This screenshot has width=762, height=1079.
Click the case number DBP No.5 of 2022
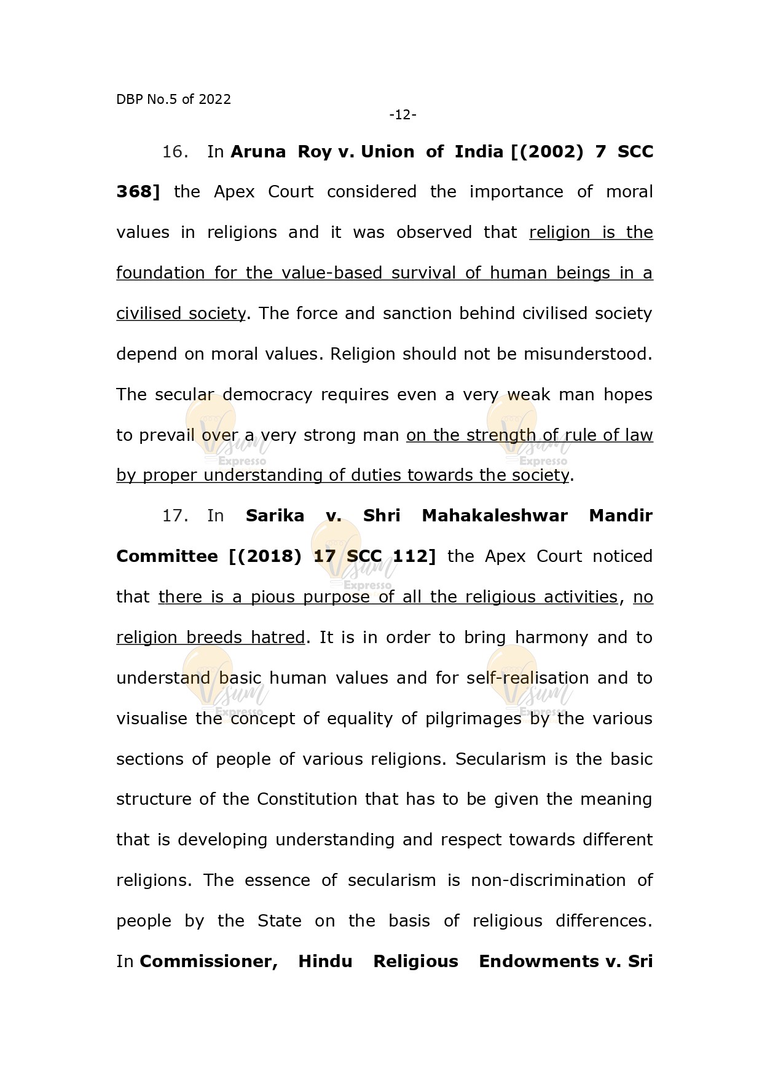pyautogui.click(x=173, y=100)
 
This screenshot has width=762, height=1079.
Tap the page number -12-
pyautogui.click(x=403, y=115)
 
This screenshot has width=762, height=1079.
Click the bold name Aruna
pyautogui.click(x=258, y=152)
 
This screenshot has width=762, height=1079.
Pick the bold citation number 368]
pyautogui.click(x=138, y=192)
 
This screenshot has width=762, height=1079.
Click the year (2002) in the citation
pyautogui.click(x=547, y=152)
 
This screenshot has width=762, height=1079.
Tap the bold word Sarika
pyautogui.click(x=275, y=516)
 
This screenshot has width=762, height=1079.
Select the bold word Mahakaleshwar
pyautogui.click(x=494, y=516)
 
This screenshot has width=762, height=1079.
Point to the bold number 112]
pyautogui.click(x=414, y=556)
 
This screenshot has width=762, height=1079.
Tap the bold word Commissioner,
pyautogui.click(x=208, y=962)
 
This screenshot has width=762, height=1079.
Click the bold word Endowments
pyautogui.click(x=538, y=962)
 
